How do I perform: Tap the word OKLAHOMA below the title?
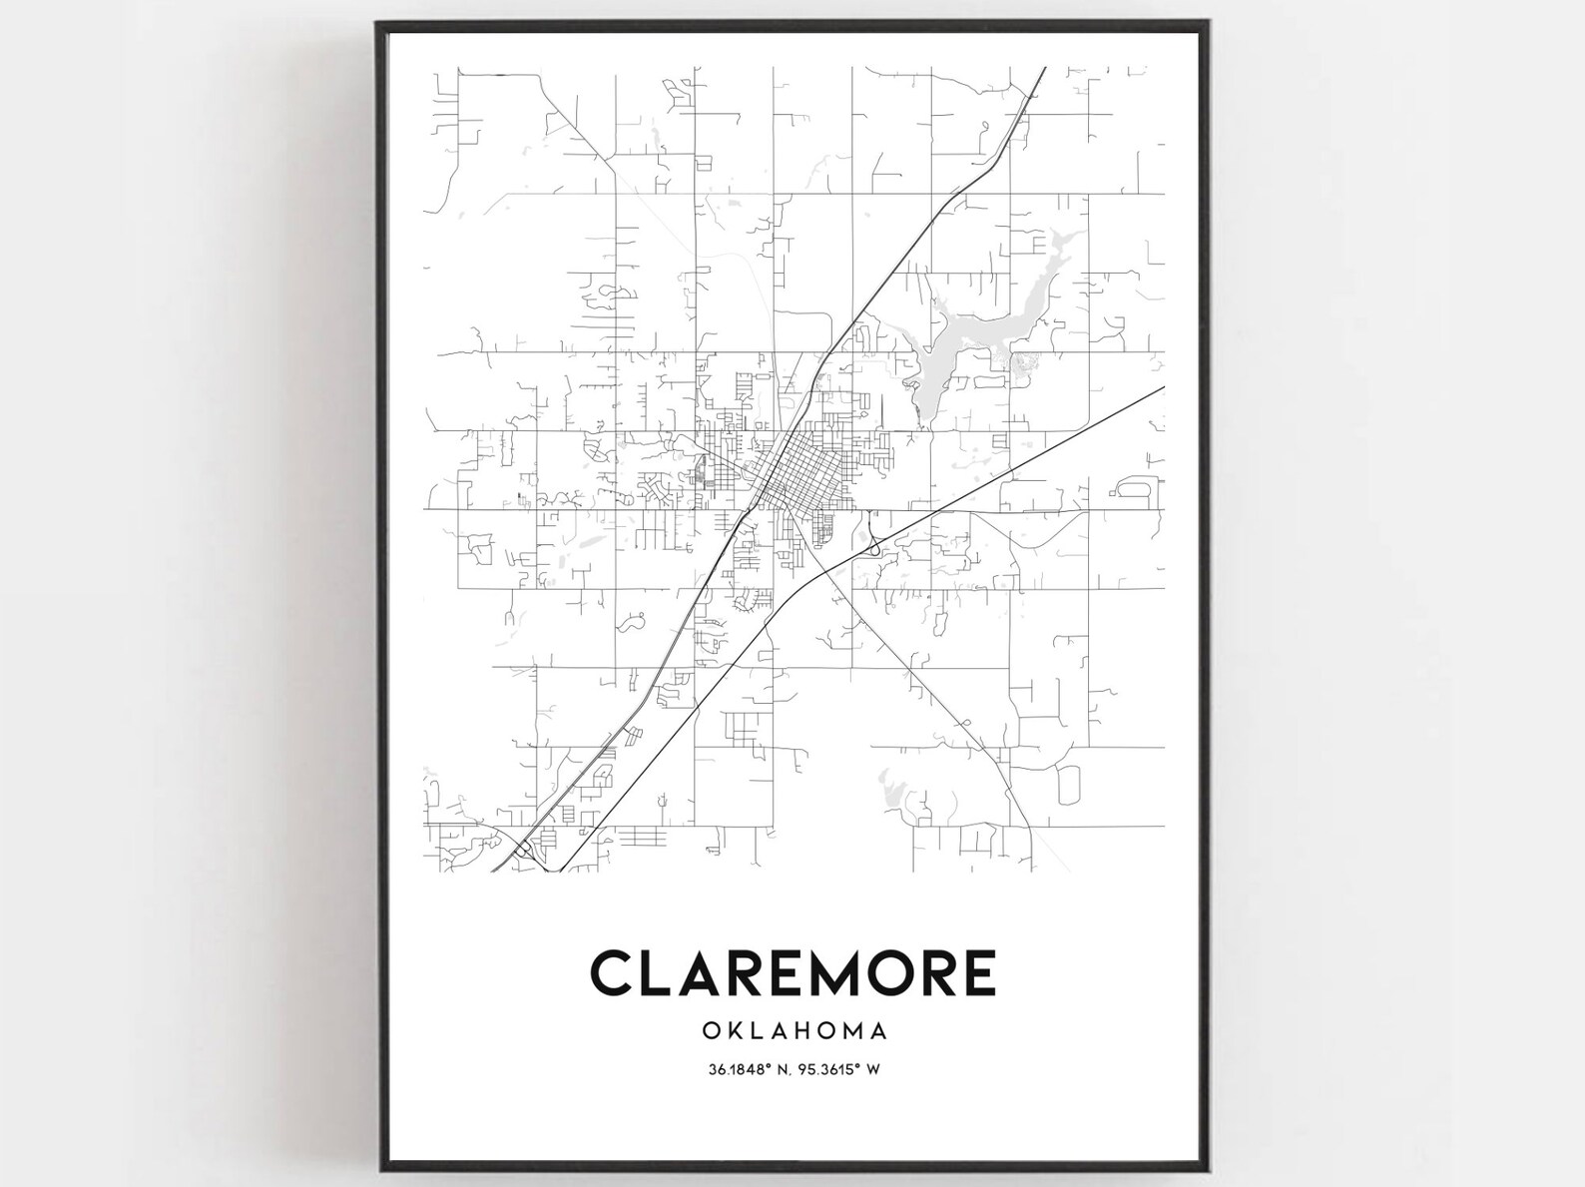pos(793,1028)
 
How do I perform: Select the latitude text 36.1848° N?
pos(747,1069)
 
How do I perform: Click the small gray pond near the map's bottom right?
pos(891,789)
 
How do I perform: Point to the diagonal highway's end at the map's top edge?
pos(1044,69)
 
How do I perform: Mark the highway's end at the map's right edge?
pos(1163,387)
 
